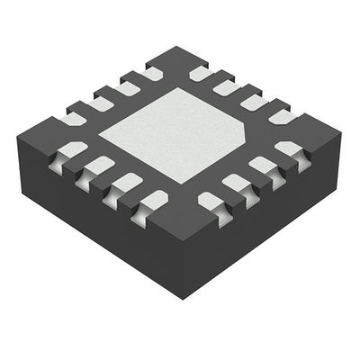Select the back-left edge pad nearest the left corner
tap(71, 118)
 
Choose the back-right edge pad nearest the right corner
tap(283, 116)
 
